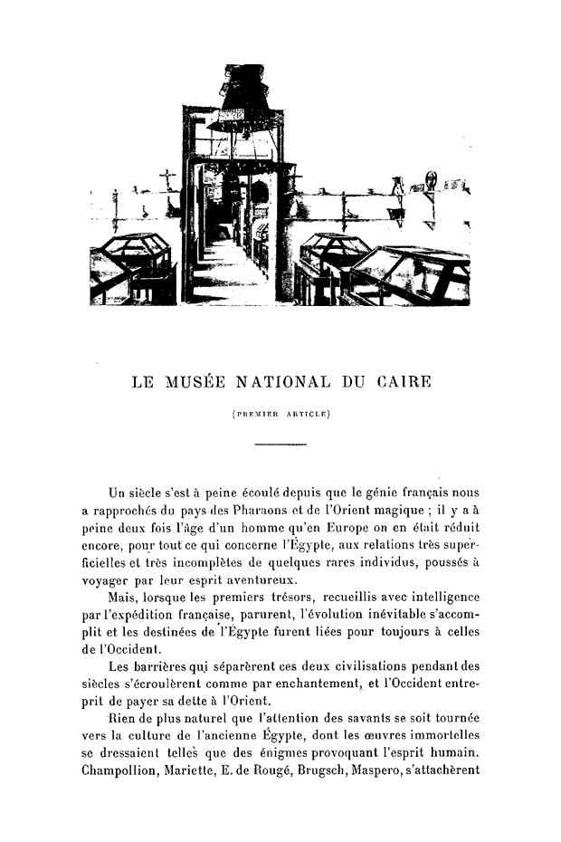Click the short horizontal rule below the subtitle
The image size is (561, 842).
(x=280, y=445)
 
